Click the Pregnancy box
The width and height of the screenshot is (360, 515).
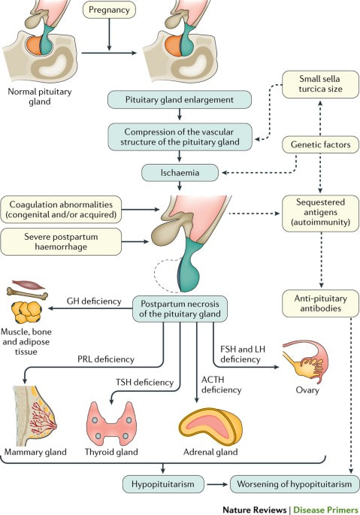coord(109,10)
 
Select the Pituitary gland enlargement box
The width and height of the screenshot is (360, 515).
coord(180,100)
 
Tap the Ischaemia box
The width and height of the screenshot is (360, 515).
coord(180,173)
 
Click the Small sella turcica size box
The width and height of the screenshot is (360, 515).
coord(320,84)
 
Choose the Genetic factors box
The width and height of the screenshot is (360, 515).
coord(320,144)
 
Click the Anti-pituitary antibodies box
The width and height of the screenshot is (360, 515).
coord(320,304)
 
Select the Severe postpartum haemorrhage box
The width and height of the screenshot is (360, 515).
coord(61,242)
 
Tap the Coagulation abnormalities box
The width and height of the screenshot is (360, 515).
coord(61,210)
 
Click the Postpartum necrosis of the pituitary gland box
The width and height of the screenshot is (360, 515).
coord(180,309)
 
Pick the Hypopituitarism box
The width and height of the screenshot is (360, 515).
coord(163,484)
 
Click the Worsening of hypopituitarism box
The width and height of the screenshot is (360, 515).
coord(295,484)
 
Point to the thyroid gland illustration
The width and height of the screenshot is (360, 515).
coord(111,424)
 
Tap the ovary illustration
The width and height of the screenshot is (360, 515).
coord(305,362)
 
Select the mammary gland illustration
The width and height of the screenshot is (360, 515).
coord(35,415)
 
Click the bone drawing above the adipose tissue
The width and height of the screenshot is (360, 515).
coord(27,293)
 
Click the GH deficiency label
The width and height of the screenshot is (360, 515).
coord(94,301)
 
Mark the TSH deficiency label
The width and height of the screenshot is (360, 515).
coord(144,383)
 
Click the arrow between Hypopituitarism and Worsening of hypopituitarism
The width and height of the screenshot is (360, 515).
coord(217,484)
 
